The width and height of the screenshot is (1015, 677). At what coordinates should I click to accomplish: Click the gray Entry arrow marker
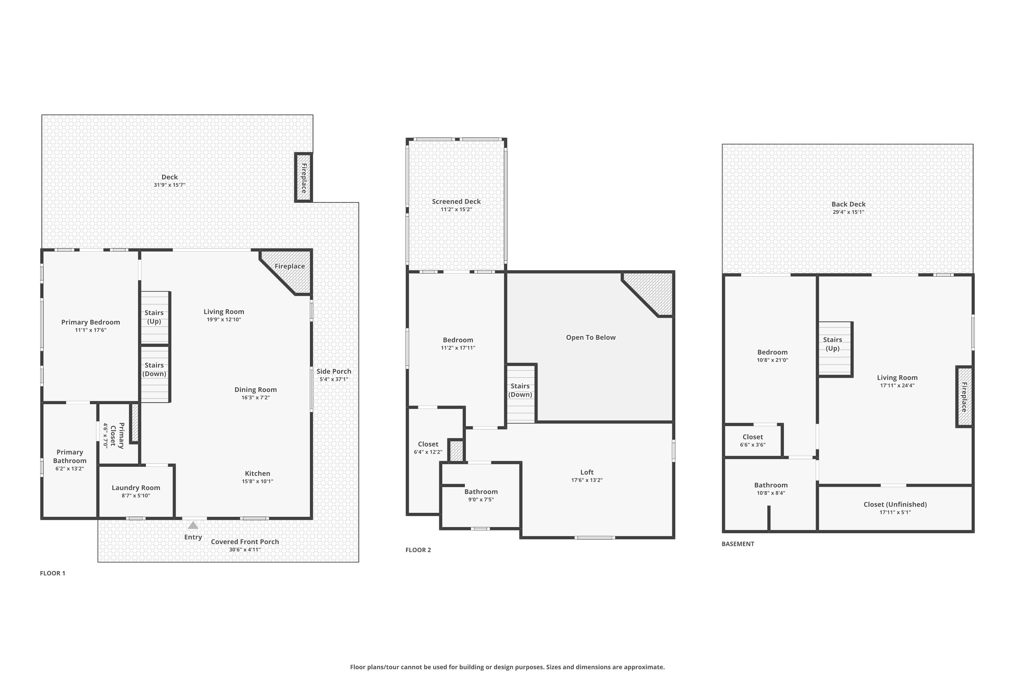click(x=193, y=525)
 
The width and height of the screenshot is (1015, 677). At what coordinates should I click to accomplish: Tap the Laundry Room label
click(x=136, y=487)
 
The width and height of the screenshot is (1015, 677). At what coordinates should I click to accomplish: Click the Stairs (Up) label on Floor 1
click(x=154, y=317)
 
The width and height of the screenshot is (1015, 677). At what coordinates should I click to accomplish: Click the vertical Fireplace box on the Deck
click(x=303, y=177)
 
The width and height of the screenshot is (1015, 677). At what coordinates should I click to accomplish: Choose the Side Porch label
click(x=334, y=371)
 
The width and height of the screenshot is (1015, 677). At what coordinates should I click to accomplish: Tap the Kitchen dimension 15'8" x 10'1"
click(x=257, y=481)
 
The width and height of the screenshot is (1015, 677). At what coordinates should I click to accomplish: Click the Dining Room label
click(x=255, y=390)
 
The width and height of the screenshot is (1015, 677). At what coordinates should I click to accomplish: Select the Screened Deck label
click(x=456, y=201)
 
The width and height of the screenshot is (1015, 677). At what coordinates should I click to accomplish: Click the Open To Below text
click(x=591, y=337)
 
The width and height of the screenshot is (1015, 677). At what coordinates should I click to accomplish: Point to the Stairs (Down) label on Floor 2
click(x=520, y=390)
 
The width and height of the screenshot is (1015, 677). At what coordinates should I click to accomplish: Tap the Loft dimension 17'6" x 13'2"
click(x=587, y=480)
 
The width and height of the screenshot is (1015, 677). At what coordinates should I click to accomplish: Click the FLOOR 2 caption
click(x=418, y=550)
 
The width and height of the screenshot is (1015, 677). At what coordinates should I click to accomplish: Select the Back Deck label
click(x=849, y=204)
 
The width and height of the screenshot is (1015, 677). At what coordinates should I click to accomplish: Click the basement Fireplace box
click(x=964, y=397)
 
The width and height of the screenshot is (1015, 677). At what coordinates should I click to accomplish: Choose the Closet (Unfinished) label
click(x=895, y=504)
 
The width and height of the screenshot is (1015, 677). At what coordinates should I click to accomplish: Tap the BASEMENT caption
click(x=738, y=544)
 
